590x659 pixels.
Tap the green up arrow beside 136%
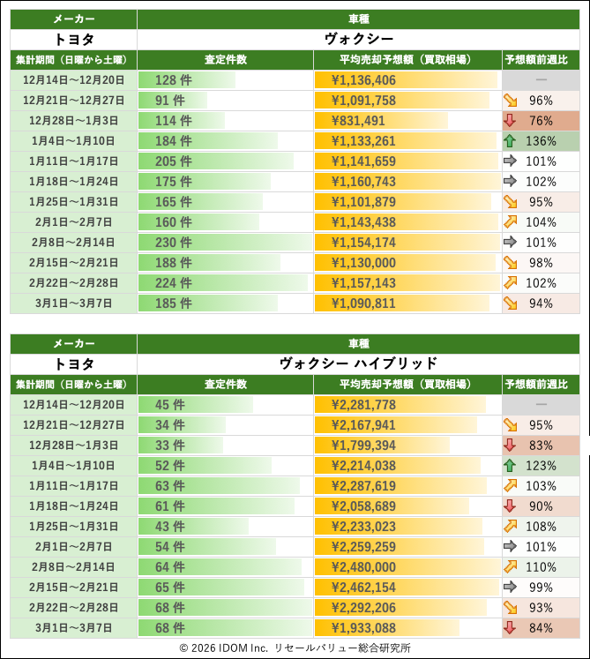coord(512,141)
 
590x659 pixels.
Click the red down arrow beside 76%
coord(512,121)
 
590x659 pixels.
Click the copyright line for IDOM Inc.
coord(295,648)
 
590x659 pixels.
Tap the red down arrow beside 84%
coord(512,628)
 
